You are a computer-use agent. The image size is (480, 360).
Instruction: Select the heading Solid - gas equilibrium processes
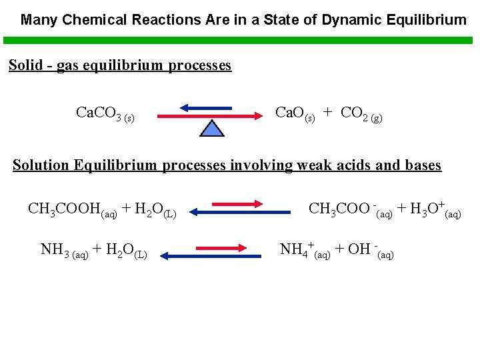pos(120,65)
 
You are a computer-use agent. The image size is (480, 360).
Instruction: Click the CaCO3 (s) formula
pos(105,114)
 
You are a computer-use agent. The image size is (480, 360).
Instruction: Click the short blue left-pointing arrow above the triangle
pos(206,107)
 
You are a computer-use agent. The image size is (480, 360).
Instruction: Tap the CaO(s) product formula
pos(295,113)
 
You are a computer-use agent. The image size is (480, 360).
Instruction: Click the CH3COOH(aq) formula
pos(73,210)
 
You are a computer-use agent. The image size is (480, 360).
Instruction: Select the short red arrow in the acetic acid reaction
pos(237,203)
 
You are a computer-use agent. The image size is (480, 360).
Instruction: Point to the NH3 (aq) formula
pos(64,251)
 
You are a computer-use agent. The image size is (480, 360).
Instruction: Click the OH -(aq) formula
pos(371,251)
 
